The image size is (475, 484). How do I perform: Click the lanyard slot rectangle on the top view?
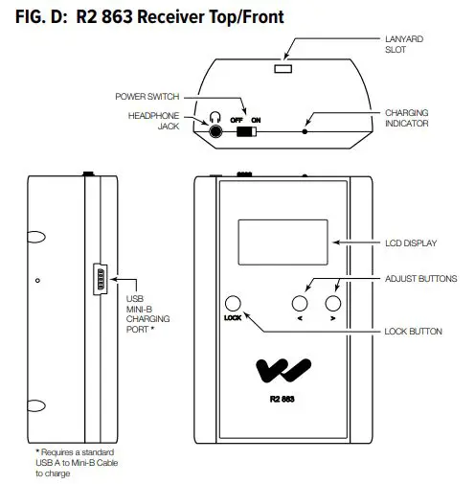pyautogui.click(x=283, y=70)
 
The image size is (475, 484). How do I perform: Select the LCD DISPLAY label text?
pyautogui.click(x=410, y=243)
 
